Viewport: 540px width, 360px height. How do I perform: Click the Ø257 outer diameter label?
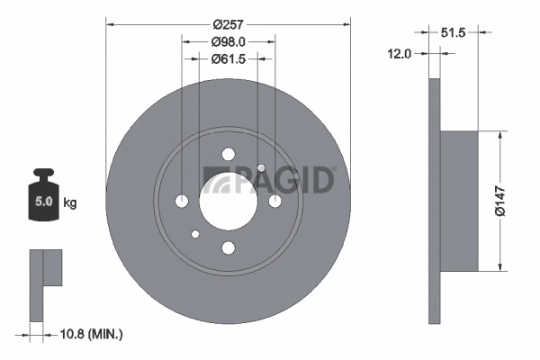coord(228,25)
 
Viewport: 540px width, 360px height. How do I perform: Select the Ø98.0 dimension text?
coord(228,42)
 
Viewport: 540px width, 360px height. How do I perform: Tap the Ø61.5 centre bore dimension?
coord(228,60)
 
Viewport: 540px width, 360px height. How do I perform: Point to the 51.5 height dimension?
coord(459,32)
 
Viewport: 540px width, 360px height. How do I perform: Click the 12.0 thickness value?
coord(399,54)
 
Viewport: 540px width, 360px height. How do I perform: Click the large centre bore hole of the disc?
coord(228,200)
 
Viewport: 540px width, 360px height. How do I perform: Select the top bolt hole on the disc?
coord(228,154)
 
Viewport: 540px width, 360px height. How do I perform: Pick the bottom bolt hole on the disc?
coord(228,247)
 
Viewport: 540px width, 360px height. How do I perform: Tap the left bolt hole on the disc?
coord(182,200)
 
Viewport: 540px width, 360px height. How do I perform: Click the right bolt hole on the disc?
coord(274,200)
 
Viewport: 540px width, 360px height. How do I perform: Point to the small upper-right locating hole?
coord(261,167)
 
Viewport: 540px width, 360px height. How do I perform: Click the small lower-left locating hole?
coord(195,234)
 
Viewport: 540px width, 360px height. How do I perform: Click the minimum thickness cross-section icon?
coord(45,284)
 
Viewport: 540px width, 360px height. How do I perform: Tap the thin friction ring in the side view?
coord(434,200)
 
